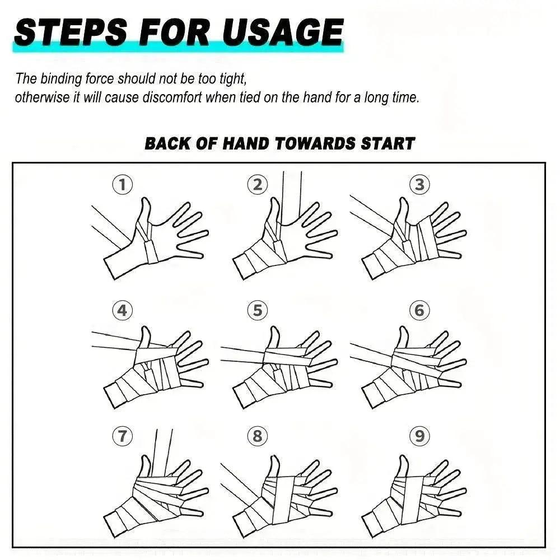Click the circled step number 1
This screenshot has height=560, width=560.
tap(123, 185)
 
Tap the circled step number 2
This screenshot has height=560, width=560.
tap(258, 185)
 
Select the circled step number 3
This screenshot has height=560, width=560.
tap(419, 185)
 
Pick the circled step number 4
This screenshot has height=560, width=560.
tap(123, 310)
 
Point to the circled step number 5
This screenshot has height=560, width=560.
tap(258, 310)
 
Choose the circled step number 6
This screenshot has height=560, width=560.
tap(419, 310)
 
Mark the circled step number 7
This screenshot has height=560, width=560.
tap(123, 436)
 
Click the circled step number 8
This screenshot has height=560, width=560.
tap(258, 436)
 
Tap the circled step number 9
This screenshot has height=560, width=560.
tap(419, 436)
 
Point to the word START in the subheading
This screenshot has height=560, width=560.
tap(388, 143)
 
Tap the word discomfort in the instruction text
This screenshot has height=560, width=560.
tap(172, 97)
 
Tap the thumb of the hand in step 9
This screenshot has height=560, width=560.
tap(403, 465)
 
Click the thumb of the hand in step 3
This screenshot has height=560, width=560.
tap(403, 211)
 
